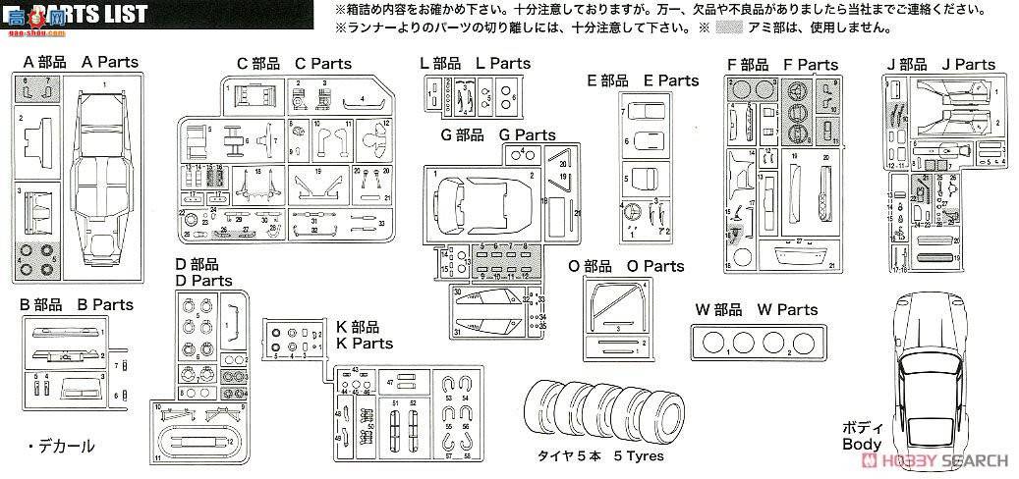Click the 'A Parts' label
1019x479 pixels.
[110, 62]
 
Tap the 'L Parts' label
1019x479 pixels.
[503, 64]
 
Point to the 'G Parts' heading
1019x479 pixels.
[527, 135]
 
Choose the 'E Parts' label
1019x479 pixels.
[671, 80]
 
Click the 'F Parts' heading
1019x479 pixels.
[811, 65]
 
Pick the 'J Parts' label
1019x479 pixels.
[968, 65]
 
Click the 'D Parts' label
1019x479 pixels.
[204, 281]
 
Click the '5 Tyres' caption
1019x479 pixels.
[639, 456]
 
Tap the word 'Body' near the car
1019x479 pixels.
[862, 444]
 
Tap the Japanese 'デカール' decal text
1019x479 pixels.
[66, 447]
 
